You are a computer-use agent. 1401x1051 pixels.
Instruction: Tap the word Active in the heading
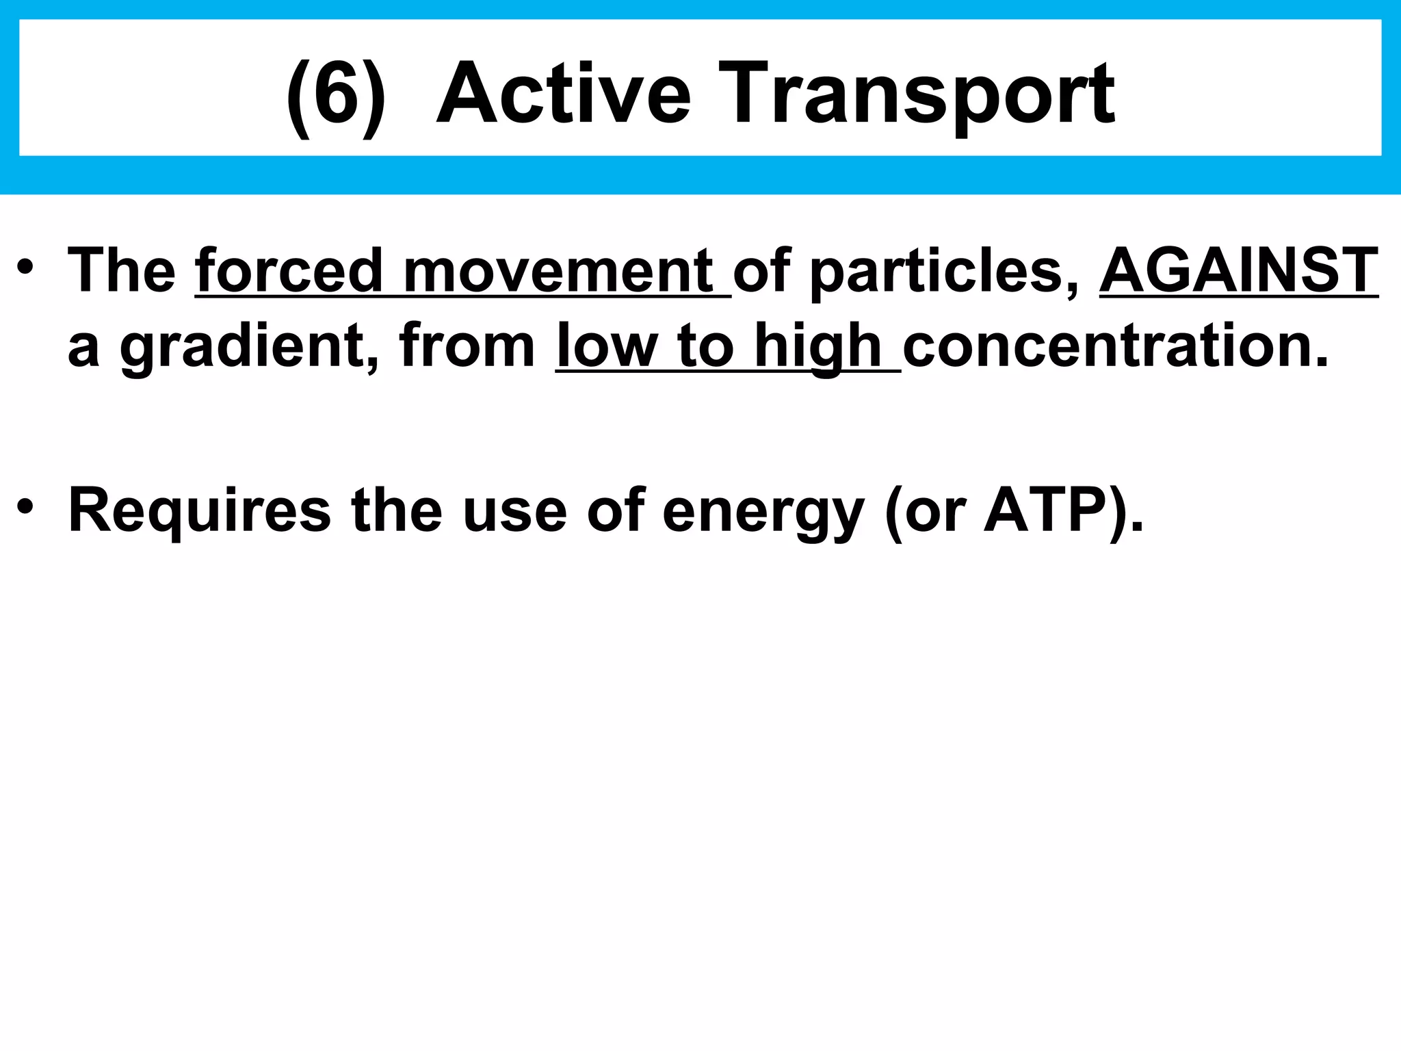tap(564, 94)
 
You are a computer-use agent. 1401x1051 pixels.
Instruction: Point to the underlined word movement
tap(558, 271)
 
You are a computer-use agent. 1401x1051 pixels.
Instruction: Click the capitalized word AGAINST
tap(1238, 271)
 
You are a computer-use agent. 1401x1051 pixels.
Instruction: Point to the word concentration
tap(1115, 346)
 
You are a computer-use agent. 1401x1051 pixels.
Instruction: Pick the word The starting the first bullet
tap(122, 271)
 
